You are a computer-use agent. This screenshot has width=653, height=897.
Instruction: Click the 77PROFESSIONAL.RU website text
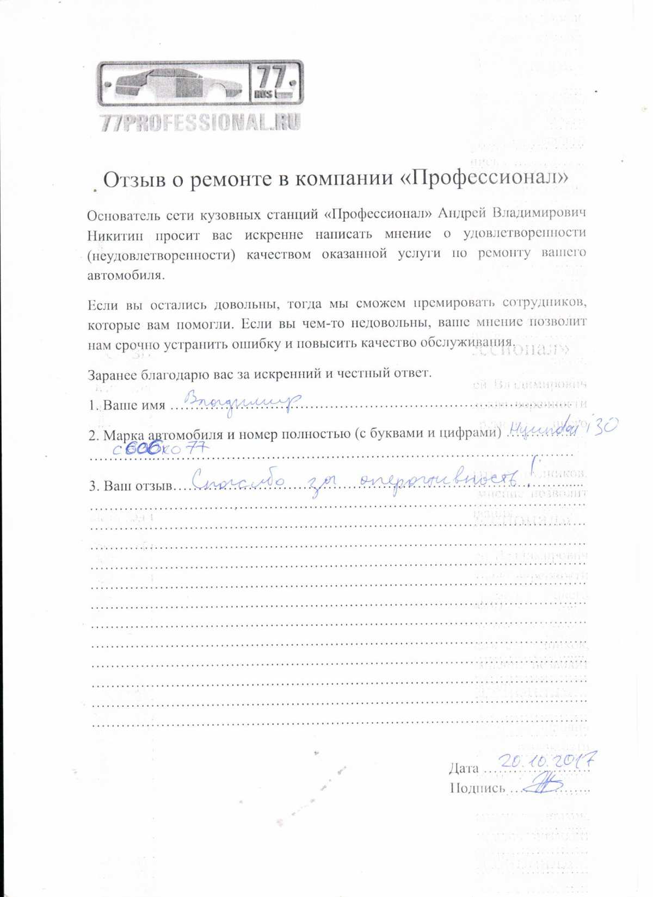[200, 123]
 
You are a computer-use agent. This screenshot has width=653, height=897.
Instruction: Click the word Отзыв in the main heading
[134, 179]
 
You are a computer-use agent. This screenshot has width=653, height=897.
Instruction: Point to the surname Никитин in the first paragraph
[115, 236]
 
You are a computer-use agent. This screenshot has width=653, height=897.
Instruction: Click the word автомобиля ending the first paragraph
[125, 275]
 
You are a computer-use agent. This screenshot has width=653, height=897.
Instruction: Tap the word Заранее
[113, 375]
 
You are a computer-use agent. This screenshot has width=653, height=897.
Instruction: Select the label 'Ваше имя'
[134, 406]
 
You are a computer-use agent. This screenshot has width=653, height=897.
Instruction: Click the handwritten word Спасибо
[239, 480]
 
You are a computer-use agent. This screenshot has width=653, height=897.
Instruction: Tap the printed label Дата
[464, 768]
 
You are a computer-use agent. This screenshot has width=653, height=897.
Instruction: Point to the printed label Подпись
[477, 788]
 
